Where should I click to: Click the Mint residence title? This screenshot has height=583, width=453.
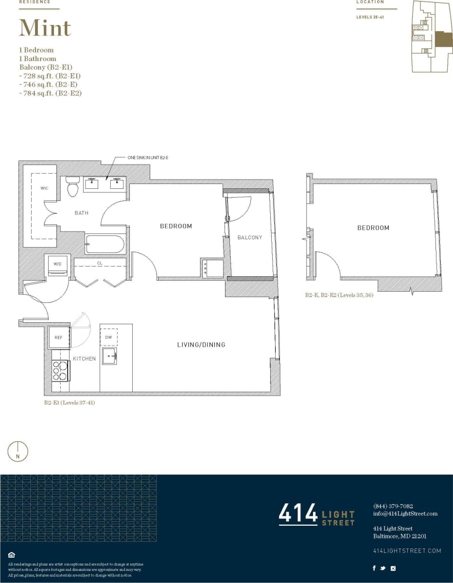click(45, 28)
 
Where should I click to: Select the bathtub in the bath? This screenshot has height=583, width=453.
click(105, 244)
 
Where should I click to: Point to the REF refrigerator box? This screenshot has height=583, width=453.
click(58, 337)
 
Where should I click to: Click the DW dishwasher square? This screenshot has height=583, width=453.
click(108, 337)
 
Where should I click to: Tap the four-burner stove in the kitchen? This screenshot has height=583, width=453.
click(60, 370)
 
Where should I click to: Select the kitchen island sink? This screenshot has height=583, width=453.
click(109, 356)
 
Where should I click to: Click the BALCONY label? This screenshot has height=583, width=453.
click(250, 237)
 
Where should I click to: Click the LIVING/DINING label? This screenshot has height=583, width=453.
click(201, 345)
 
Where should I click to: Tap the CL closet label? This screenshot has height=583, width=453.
click(100, 263)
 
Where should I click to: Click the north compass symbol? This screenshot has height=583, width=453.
click(18, 451)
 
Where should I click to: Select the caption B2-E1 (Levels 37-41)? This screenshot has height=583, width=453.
click(70, 402)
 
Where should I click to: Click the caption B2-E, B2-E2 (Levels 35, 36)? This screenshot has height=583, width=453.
click(339, 295)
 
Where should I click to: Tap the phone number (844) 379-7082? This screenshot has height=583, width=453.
click(393, 506)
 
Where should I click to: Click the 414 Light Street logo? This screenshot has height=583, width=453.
click(316, 515)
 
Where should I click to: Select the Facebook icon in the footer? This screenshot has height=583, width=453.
click(374, 568)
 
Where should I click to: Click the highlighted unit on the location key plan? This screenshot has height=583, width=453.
click(442, 39)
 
